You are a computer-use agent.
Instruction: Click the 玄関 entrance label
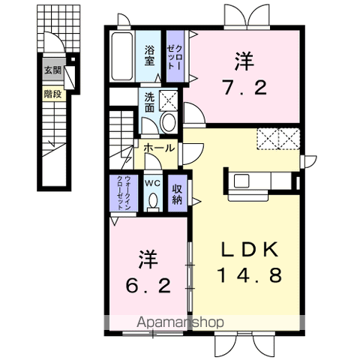coord(52,70)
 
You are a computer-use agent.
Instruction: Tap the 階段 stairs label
coord(52,94)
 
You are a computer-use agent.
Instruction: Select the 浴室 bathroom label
coord(149,55)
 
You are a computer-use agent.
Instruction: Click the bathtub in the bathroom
coord(121,55)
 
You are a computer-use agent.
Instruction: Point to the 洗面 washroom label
coord(149,103)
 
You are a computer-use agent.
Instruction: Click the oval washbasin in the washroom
coord(168,122)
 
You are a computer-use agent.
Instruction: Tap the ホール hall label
coord(159,148)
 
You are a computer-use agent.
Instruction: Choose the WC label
coord(153,183)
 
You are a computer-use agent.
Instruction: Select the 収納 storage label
coord(177,194)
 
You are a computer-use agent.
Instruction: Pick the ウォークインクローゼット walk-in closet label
coord(124,193)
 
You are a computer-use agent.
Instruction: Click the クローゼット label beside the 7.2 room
coord(175,57)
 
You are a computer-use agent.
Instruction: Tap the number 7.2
coord(244,88)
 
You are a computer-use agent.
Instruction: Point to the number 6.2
coord(148,286)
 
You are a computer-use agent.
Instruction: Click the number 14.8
coord(250,274)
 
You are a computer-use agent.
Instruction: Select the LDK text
coord(250,249)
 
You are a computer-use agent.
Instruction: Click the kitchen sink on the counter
coord(241,181)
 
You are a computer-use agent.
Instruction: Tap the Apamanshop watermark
coord(180,322)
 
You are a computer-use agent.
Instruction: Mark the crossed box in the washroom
coord(168,100)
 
